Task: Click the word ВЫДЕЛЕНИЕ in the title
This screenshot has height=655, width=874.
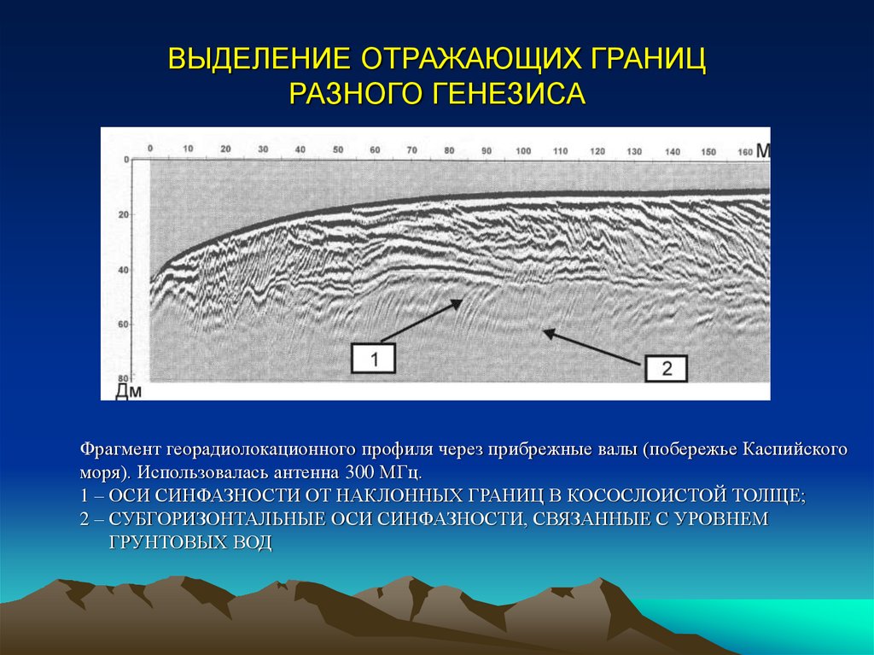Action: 260,61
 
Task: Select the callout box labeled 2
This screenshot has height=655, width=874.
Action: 667,368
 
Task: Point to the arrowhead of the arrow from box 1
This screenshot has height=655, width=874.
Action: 460,300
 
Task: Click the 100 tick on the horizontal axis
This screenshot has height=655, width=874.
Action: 523,150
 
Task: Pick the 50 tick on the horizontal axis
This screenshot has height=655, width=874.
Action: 338,150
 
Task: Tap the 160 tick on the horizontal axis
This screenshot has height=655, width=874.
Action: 744,151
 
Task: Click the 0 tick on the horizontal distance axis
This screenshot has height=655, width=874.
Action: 150,149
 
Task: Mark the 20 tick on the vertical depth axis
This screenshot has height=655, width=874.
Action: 123,215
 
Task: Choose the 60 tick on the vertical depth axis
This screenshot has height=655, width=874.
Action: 123,325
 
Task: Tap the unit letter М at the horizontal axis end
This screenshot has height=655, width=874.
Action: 762,150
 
